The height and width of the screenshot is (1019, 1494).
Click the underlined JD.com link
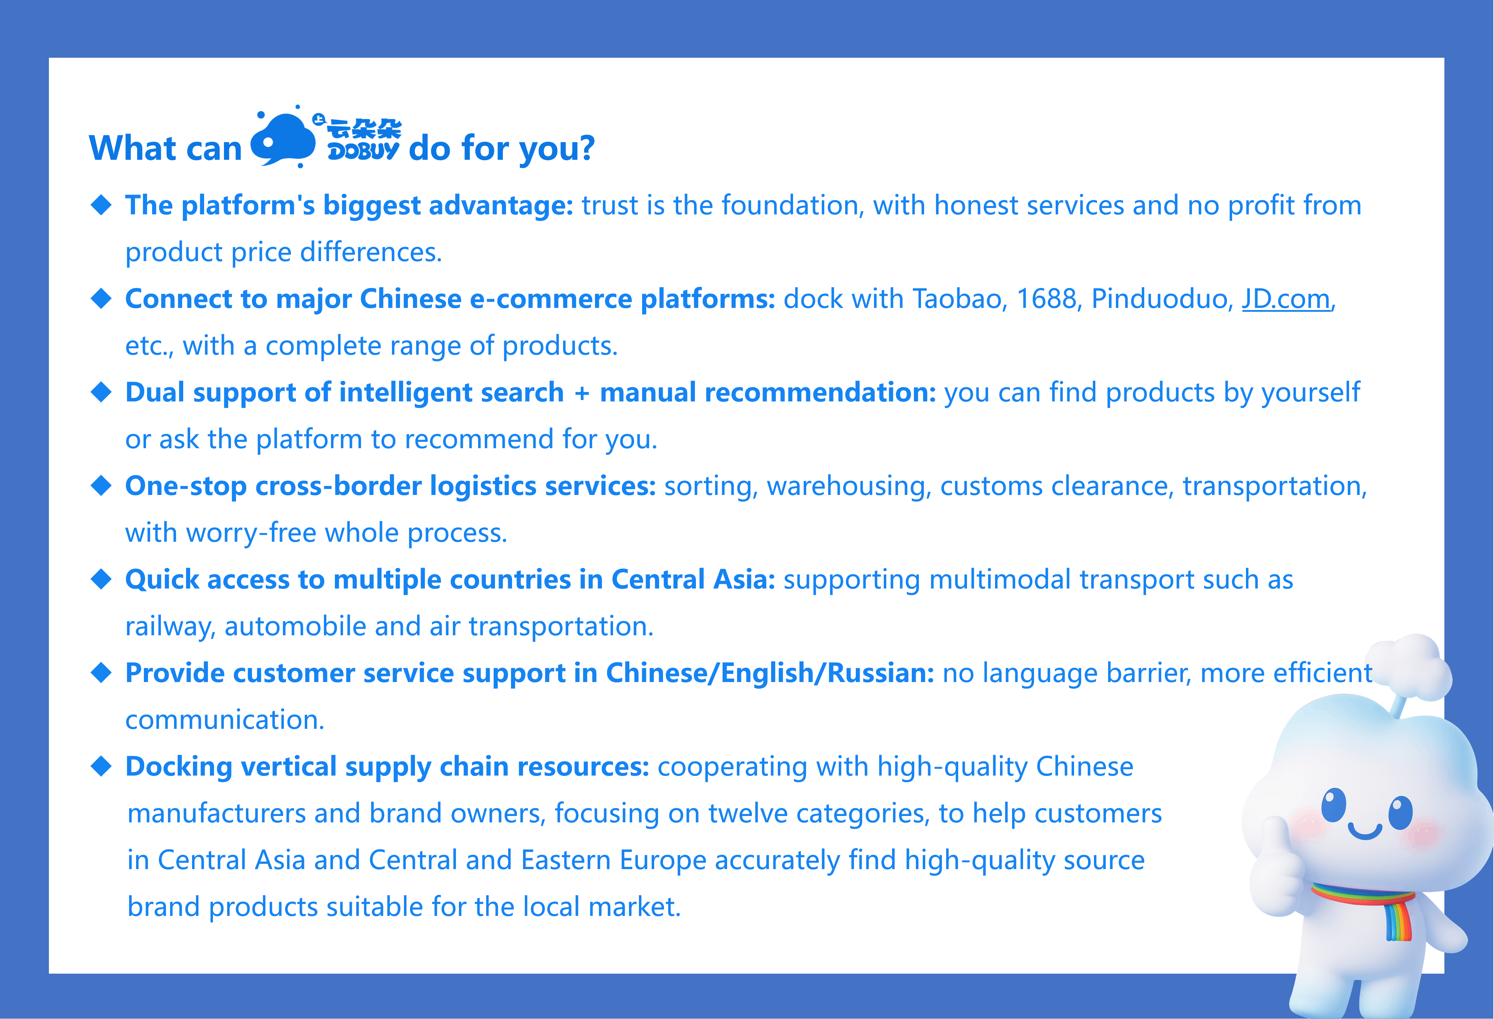[x=1286, y=299]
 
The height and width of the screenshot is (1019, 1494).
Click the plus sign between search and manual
[x=582, y=393]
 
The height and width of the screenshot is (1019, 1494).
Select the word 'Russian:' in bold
[x=881, y=673]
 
